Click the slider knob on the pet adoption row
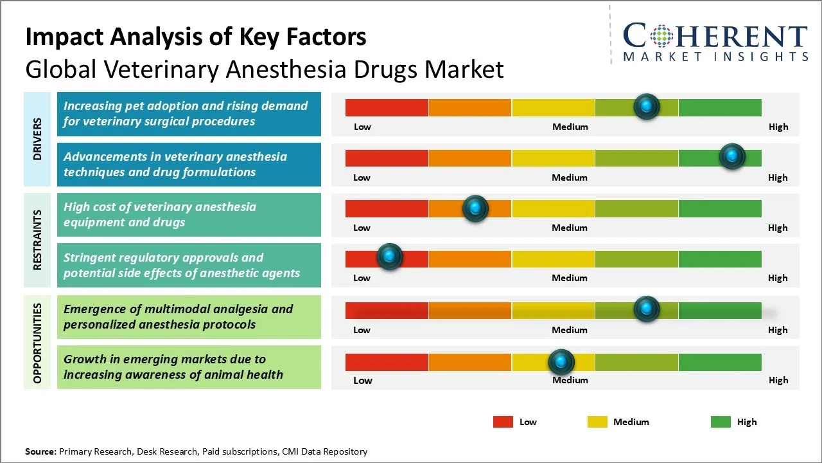coord(647,106)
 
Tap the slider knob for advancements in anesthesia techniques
coord(731,156)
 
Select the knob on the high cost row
coord(475,208)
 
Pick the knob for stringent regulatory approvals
coord(389,257)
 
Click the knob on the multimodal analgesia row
coord(647,309)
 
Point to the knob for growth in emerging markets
coord(561,362)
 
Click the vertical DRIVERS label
coord(37,139)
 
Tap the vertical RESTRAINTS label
coord(37,240)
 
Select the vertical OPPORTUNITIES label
coord(37,343)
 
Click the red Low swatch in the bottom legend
coord(503,422)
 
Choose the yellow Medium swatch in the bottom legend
coord(597,422)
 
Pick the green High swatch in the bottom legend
coord(721,422)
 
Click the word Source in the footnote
coord(40,451)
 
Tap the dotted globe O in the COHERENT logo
coord(662,35)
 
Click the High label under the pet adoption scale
coord(778,127)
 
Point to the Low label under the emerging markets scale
coord(363,380)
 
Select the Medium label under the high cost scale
coord(570,228)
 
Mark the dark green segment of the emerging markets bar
coord(719,362)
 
